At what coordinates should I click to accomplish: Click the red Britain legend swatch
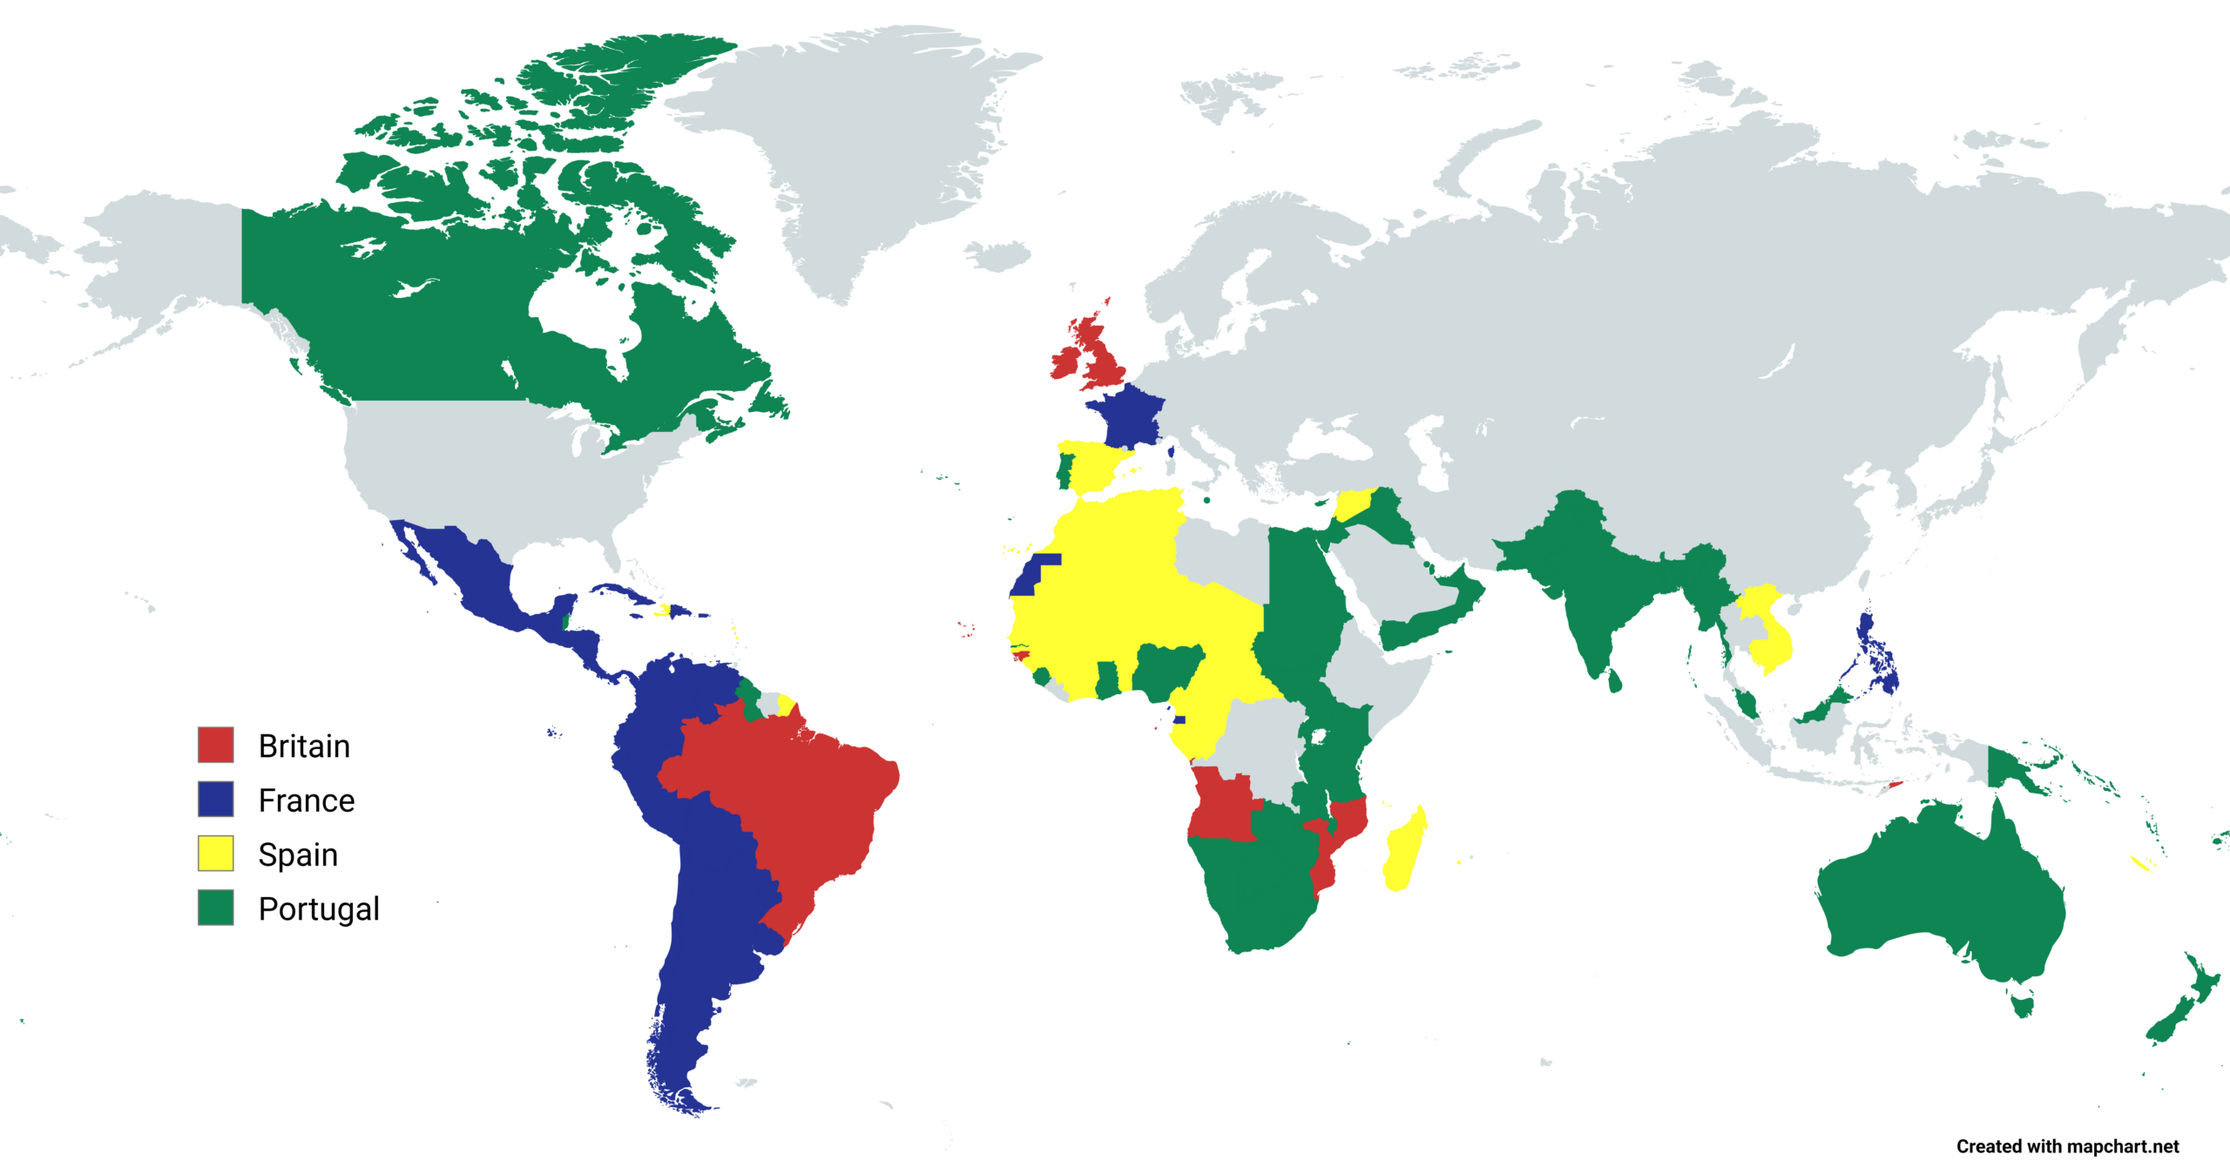215,745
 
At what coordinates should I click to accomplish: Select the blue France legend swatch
215,799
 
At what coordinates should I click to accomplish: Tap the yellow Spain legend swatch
215,853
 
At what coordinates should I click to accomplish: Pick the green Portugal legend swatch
215,907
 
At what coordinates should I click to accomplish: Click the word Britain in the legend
304,746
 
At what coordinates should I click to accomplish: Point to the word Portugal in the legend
319,909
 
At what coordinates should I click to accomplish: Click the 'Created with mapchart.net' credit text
2067,1146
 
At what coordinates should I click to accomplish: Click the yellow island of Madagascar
1403,850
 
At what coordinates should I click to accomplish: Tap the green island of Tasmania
2023,1005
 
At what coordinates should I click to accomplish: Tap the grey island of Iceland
999,255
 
